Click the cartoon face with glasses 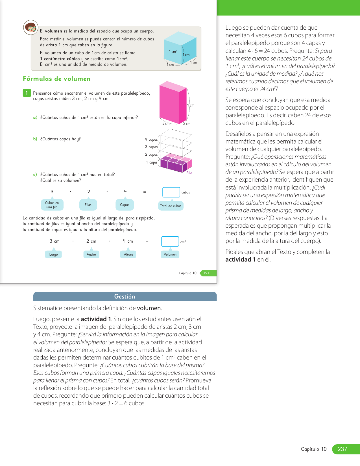point(30,27)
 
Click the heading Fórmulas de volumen point(56,79)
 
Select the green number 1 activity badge point(27,93)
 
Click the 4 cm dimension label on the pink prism point(191,105)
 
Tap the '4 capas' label point(151,140)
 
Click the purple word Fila point(189,173)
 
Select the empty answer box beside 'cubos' point(171,192)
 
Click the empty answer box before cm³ point(170,241)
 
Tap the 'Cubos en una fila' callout point(52,205)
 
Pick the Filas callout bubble point(88,205)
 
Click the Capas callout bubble point(125,205)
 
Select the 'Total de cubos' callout point(171,206)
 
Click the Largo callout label point(54,254)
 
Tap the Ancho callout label point(91,254)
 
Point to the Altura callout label point(128,254)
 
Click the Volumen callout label point(170,254)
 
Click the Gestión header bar point(125,297)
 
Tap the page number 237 point(342,449)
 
